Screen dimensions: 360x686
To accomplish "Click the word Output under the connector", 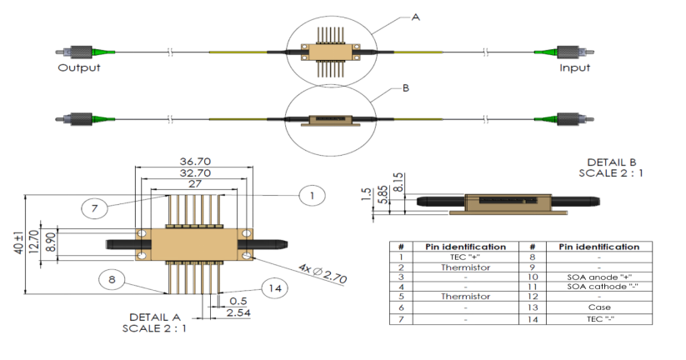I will pos(78,67).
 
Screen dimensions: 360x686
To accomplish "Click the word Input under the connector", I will pos(574,67).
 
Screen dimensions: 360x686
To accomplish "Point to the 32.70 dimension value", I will pos(193,173).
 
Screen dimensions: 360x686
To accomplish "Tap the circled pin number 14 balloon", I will pos(272,288).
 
